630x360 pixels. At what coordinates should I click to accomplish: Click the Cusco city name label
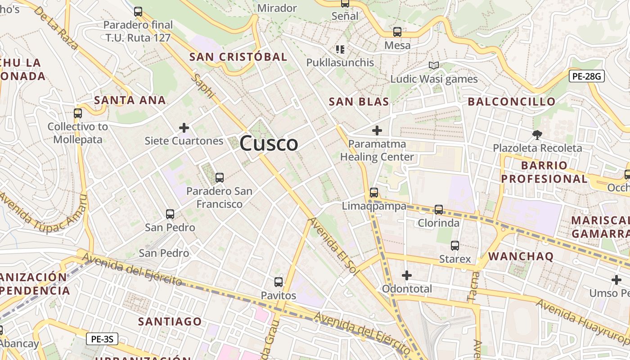[x=269, y=144]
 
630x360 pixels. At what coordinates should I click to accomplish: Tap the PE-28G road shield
[x=586, y=76]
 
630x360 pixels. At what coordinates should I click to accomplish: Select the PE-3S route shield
[x=102, y=339]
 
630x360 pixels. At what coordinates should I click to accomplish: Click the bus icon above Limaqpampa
[x=373, y=193]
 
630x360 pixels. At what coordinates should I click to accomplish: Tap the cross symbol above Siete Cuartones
[x=184, y=128]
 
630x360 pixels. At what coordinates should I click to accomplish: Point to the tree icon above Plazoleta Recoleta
[x=537, y=135]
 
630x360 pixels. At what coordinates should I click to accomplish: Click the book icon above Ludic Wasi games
[x=433, y=66]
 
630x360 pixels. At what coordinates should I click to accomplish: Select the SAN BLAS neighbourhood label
[x=359, y=102]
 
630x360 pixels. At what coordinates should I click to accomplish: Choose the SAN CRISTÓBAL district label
[x=238, y=57]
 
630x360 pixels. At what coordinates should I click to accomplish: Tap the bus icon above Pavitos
[x=279, y=282]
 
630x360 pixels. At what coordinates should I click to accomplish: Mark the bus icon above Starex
[x=455, y=246]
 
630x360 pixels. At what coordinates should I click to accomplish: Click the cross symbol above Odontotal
[x=407, y=275]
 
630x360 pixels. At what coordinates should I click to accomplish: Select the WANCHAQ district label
[x=521, y=256]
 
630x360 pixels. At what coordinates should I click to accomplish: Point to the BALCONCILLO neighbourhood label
[x=512, y=102]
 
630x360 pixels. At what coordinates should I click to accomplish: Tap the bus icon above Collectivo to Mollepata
[x=78, y=113]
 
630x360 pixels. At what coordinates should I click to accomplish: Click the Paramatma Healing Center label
[x=377, y=150]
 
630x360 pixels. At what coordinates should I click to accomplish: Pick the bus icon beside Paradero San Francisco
[x=220, y=178]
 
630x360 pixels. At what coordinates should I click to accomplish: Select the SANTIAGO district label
[x=170, y=321]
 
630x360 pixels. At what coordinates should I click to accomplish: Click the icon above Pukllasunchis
[x=340, y=49]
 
